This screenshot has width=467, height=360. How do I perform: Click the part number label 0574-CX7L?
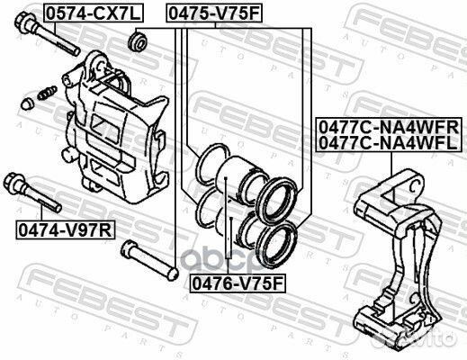94,13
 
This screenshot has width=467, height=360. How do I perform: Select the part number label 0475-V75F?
214,13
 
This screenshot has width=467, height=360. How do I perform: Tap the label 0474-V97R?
66,230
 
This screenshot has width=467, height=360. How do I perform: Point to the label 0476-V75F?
238,283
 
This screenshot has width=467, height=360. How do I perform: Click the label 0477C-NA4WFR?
389,127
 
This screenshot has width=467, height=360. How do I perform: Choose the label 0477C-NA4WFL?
388,143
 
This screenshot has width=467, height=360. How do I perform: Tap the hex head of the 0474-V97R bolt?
13,181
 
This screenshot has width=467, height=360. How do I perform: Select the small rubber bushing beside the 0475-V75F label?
138,42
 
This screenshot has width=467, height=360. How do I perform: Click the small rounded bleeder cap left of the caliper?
27,103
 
